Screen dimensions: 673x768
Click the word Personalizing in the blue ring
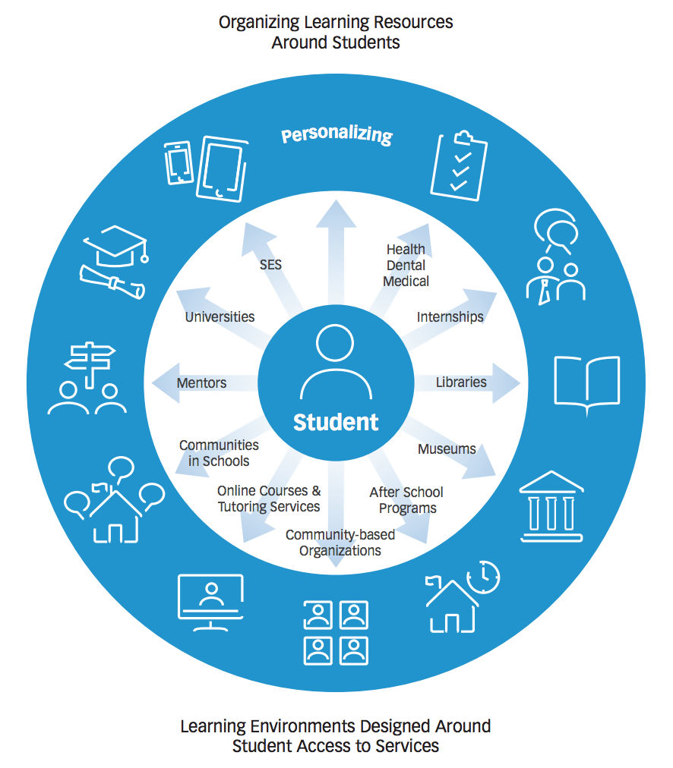(336, 134)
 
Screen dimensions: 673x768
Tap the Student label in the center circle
(336, 422)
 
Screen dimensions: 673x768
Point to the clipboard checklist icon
(459, 165)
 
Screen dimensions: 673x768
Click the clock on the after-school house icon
(483, 577)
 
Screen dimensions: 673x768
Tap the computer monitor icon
(210, 602)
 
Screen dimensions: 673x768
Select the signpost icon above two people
(90, 364)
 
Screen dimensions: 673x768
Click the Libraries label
(461, 382)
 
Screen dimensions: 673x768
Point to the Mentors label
(201, 382)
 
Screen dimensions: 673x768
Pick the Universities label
(220, 317)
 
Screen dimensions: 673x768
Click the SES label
(270, 265)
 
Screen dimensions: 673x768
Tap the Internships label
(450, 317)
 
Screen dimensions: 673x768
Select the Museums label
(447, 449)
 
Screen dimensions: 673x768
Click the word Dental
(406, 265)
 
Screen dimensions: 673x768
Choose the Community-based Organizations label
(340, 542)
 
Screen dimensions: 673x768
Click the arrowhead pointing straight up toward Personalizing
(336, 214)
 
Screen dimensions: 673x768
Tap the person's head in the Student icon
(335, 342)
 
